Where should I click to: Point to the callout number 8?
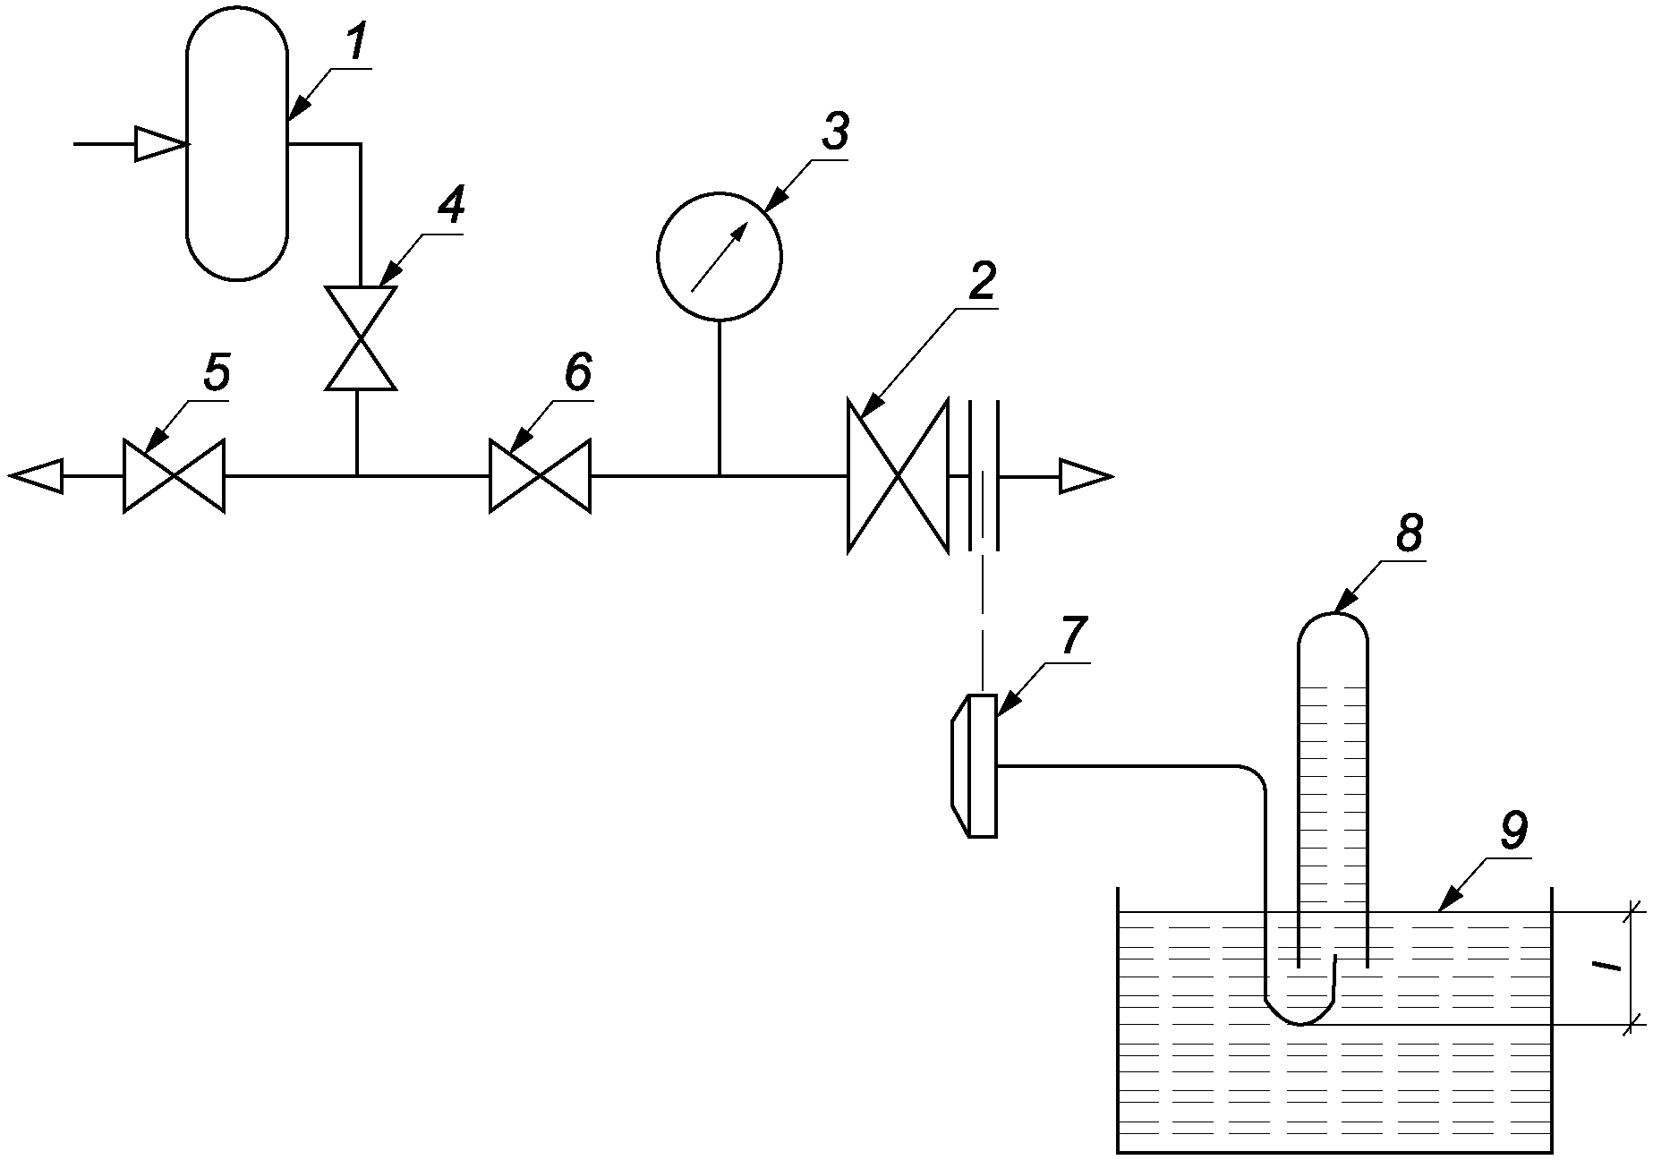(x=1408, y=535)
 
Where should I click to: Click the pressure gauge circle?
(x=720, y=255)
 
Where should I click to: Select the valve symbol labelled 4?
(x=360, y=337)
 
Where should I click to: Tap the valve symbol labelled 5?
(x=174, y=475)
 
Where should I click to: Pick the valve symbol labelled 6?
(x=540, y=475)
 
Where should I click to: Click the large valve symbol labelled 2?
(x=898, y=475)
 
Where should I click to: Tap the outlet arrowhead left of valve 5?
(x=36, y=475)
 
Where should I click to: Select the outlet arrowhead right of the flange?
(x=1086, y=475)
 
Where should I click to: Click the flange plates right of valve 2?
(x=983, y=475)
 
